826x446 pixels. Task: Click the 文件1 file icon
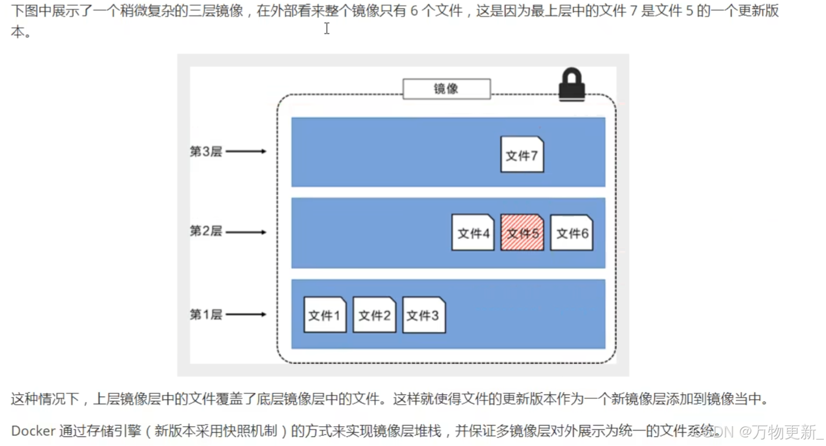[325, 315]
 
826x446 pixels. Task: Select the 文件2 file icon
[374, 315]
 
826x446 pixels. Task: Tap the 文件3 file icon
[423, 315]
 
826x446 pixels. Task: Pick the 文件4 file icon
[473, 233]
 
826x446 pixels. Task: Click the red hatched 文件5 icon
[522, 233]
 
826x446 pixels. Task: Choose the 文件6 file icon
[571, 233]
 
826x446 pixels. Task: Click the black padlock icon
[571, 84]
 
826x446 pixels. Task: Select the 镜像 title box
[446, 89]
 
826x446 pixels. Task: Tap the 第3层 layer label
[206, 152]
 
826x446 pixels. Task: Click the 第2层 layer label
[206, 231]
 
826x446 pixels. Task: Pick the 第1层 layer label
[206, 314]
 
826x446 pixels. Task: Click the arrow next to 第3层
[246, 152]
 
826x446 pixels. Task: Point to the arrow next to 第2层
[246, 232]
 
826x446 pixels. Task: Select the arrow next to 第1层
[246, 314]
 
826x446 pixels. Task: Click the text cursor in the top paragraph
[327, 28]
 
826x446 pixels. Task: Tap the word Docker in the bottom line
[33, 431]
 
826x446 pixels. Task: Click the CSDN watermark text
[714, 431]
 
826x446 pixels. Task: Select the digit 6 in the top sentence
[414, 11]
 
